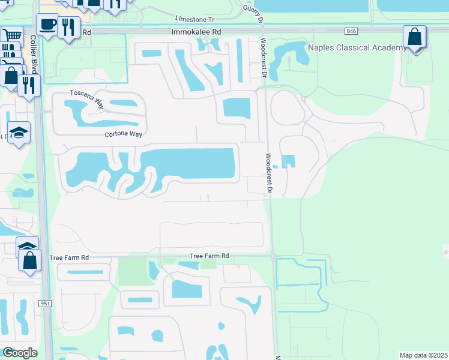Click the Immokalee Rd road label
196,31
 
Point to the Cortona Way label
124,134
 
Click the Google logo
20,353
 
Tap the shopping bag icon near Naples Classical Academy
414,37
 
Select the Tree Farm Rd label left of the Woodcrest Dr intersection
209,256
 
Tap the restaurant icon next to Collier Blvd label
28,85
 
